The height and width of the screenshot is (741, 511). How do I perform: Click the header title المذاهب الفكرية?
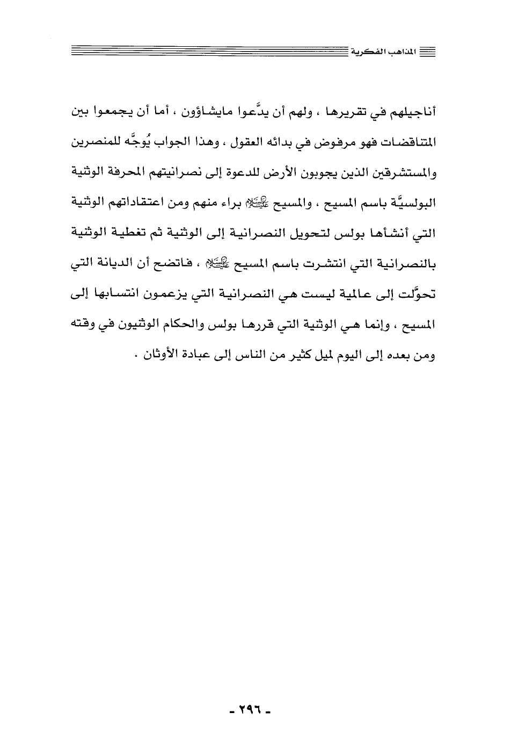point(388,53)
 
